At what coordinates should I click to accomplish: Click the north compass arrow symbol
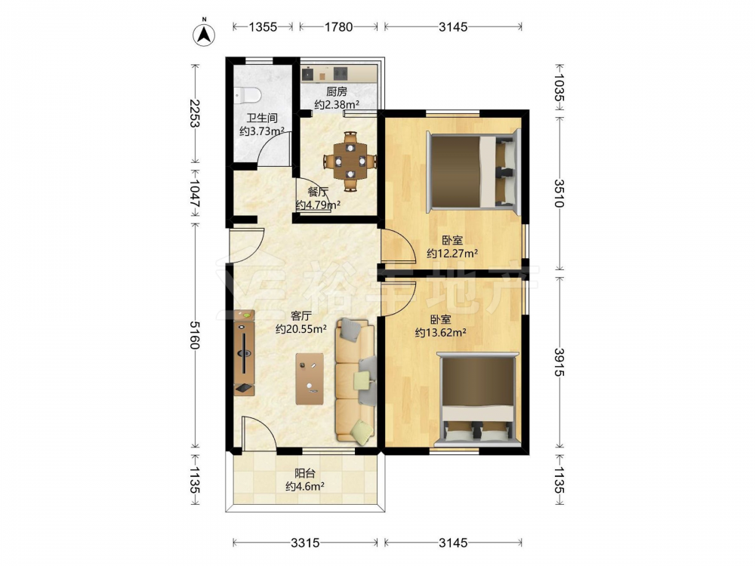[x=204, y=35]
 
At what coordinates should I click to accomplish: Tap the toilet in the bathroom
[x=248, y=95]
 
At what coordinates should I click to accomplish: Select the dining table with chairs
[x=350, y=161]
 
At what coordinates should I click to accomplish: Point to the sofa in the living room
[x=356, y=380]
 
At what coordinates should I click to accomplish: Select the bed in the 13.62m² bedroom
[x=477, y=398]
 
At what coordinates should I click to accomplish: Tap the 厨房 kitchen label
[x=337, y=91]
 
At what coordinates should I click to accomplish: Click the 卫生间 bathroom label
[x=262, y=118]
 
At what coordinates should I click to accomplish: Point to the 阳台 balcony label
[x=305, y=474]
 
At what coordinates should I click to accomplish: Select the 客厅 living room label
[x=301, y=316]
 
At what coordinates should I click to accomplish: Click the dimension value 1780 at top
[x=338, y=27]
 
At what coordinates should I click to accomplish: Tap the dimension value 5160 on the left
[x=195, y=335]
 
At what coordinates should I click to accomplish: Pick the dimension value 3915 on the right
[x=559, y=362]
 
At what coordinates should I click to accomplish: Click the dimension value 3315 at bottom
[x=305, y=543]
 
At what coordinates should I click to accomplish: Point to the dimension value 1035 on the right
[x=559, y=87]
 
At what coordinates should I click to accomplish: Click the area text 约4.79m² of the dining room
[x=319, y=205]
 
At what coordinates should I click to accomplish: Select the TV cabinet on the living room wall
[x=244, y=352]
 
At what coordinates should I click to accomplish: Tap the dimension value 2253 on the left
[x=195, y=113]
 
